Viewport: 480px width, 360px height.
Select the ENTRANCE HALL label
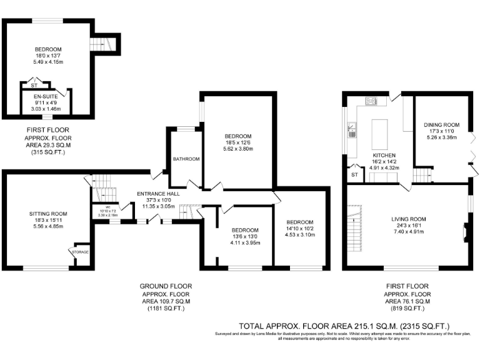(158, 194)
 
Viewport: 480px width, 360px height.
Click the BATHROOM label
(186, 159)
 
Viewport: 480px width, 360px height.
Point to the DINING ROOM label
(441, 124)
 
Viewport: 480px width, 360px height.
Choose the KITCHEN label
(381, 155)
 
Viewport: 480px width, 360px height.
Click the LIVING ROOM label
(408, 219)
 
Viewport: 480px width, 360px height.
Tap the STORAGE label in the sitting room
(81, 252)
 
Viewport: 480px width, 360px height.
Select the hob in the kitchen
(371, 100)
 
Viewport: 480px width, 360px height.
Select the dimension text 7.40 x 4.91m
(408, 232)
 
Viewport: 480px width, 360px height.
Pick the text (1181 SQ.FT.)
(166, 309)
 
